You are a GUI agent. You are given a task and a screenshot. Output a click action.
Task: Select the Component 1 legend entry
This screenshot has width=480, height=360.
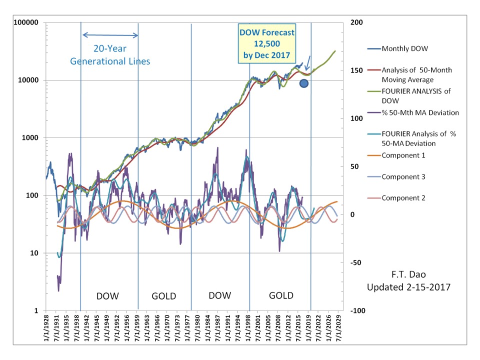[403, 155]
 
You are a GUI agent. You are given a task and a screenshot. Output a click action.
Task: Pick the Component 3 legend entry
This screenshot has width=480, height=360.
[403, 177]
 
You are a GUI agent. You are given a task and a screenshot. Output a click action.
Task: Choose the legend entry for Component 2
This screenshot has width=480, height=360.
[403, 198]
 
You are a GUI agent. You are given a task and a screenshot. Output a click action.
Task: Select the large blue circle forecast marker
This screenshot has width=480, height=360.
[303, 83]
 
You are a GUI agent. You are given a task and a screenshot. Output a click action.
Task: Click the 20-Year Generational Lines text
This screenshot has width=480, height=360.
[110, 55]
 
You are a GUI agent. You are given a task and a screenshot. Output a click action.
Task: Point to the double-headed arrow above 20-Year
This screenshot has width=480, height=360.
[110, 35]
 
